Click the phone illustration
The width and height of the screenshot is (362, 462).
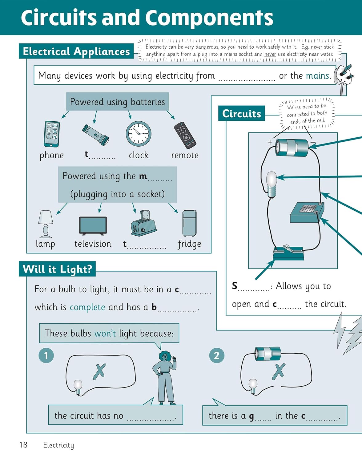[x=52, y=134]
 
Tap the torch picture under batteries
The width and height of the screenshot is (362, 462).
[x=95, y=135]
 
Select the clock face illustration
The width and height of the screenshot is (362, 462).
[x=139, y=133]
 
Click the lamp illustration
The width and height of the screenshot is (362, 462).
[x=46, y=224]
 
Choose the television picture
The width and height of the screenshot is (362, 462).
[x=93, y=226]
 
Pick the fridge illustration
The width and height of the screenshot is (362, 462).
[x=189, y=223]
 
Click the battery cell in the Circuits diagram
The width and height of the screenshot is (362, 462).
[x=292, y=147]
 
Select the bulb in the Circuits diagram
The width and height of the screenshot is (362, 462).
[x=271, y=184]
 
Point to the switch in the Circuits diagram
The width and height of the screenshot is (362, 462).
[x=288, y=253]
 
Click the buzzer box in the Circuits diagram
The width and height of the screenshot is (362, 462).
[x=307, y=213]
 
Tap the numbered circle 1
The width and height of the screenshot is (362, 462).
[x=46, y=355]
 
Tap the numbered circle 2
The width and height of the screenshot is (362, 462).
[x=217, y=355]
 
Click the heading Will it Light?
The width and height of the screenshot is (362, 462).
[x=57, y=269]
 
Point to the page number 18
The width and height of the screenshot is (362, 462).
[x=23, y=444]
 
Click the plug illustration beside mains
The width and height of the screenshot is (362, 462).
[x=344, y=77]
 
